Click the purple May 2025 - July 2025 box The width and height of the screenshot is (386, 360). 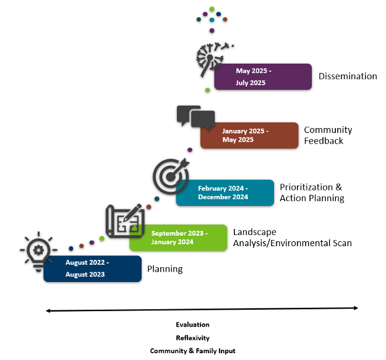click(x=262, y=77)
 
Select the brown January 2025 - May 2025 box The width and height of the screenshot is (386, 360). click(x=249, y=135)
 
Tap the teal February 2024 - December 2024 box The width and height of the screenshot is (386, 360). click(x=225, y=192)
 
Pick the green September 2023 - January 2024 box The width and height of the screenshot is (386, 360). click(x=178, y=238)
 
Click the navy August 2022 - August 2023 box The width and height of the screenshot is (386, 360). click(x=92, y=269)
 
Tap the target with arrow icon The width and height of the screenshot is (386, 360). click(x=169, y=176)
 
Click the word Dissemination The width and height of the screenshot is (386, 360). click(x=348, y=77)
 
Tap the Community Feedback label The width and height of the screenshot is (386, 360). click(x=328, y=135)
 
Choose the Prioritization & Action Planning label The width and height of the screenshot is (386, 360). click(x=311, y=192)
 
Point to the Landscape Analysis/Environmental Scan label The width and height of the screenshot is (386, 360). click(x=292, y=238)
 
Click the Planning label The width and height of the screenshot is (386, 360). click(x=165, y=269)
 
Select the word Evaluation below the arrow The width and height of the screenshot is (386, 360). click(x=192, y=325)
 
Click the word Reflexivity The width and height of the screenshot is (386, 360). click(x=192, y=338)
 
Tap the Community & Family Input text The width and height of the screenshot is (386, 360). click(x=192, y=351)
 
